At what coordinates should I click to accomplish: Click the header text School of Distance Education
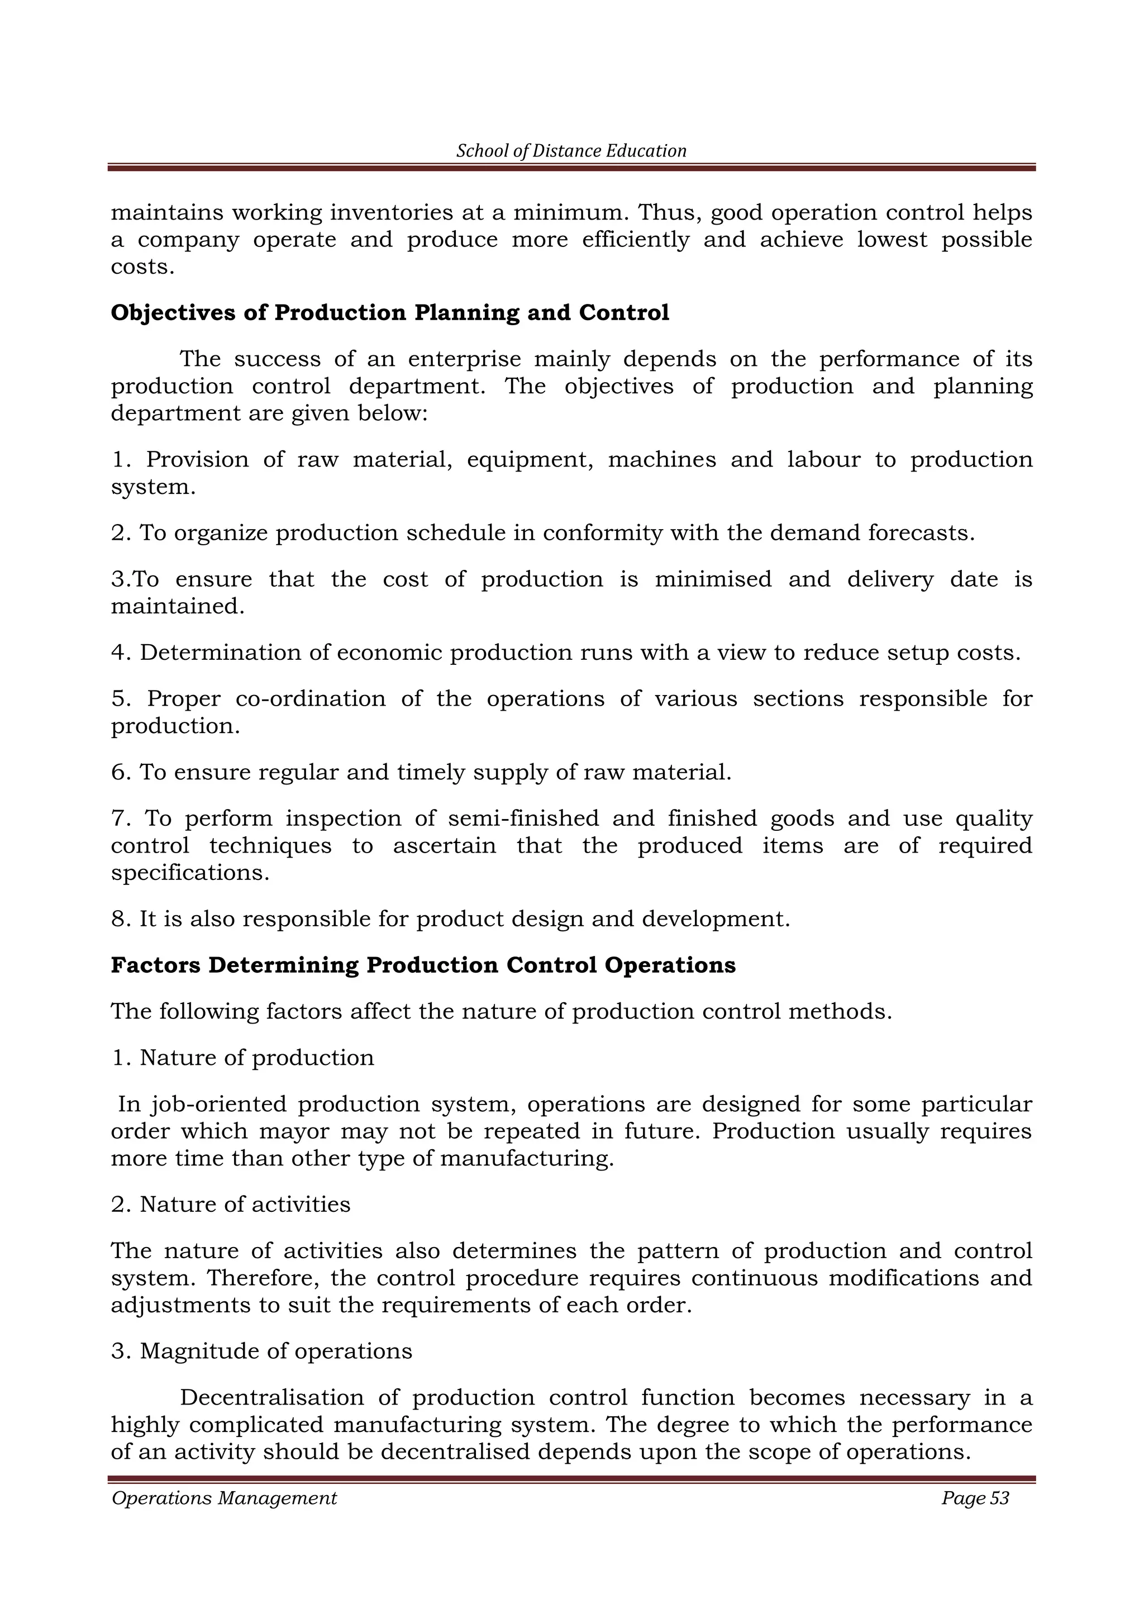[x=571, y=151]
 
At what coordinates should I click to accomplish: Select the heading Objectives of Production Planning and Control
[x=389, y=313]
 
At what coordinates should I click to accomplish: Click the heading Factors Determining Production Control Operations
[x=423, y=965]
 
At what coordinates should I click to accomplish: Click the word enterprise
[x=464, y=359]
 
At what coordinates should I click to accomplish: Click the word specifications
[x=189, y=873]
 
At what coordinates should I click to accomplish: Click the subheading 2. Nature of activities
[x=230, y=1205]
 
